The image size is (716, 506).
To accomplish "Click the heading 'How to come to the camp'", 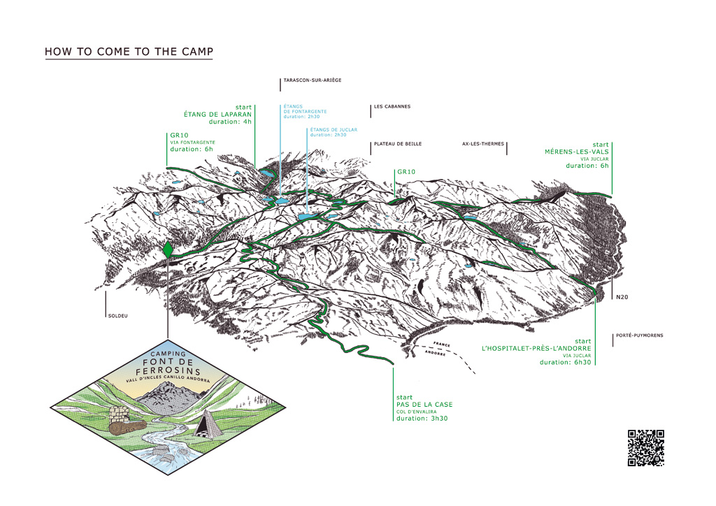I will click(x=129, y=52).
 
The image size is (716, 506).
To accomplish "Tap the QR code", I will click(x=645, y=448).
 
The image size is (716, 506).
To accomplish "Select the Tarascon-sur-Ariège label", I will click(x=313, y=80).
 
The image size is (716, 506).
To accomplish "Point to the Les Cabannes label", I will click(x=392, y=107).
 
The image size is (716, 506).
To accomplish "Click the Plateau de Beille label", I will click(x=398, y=144).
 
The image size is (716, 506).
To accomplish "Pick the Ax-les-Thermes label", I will click(x=482, y=144).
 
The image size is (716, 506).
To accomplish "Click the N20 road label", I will click(x=622, y=298).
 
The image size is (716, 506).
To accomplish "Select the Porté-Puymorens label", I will click(x=639, y=336).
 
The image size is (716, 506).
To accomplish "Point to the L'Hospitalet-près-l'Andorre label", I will click(x=537, y=348).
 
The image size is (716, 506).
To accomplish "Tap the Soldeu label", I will click(x=118, y=316).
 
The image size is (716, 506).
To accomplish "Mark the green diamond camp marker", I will click(x=168, y=248).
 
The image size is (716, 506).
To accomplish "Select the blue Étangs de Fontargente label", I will click(x=305, y=112).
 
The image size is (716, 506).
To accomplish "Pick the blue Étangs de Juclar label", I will click(x=334, y=130).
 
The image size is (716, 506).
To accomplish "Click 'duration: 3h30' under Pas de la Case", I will click(x=423, y=418).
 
